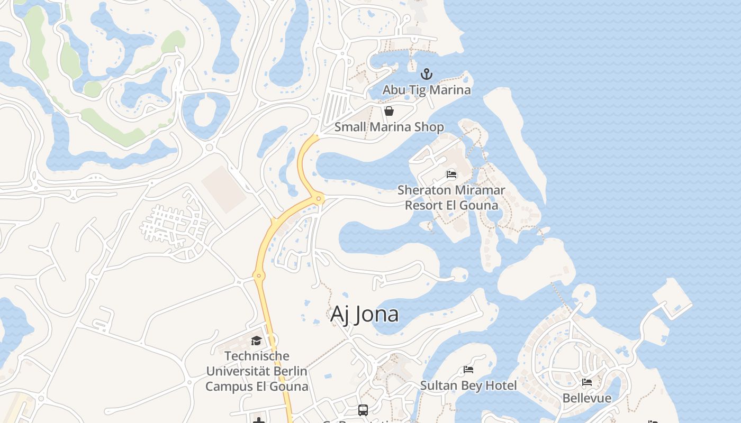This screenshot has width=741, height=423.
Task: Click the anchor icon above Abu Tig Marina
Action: coord(426,74)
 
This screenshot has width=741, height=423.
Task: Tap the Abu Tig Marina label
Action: coord(427,90)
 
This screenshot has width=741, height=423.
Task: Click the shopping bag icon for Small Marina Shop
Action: coord(389,111)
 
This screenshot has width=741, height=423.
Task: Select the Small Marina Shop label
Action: coord(389,127)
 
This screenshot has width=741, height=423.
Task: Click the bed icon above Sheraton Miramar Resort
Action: coord(451,174)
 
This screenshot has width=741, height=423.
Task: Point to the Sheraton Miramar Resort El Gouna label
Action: coord(451,197)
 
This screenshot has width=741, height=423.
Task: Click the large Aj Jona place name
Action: coord(364,314)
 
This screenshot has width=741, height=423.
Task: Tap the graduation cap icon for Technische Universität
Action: coord(257,341)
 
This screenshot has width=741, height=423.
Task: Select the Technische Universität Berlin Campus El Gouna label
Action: coord(257,371)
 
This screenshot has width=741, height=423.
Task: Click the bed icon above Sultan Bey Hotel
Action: coord(468,370)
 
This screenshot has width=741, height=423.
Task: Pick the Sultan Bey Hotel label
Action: coord(468,385)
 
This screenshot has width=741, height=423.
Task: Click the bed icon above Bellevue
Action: coord(587,382)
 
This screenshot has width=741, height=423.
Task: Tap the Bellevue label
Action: coord(587,398)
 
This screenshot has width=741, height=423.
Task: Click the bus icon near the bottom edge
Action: coord(363,410)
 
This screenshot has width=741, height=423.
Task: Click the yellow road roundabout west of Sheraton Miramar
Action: coord(319,199)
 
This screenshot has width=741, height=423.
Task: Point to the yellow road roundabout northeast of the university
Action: coord(259,275)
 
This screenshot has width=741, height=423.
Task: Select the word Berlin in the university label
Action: coord(288,371)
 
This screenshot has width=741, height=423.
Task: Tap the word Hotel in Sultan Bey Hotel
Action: coord(500,385)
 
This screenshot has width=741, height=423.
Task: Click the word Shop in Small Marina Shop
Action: coord(430,127)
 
